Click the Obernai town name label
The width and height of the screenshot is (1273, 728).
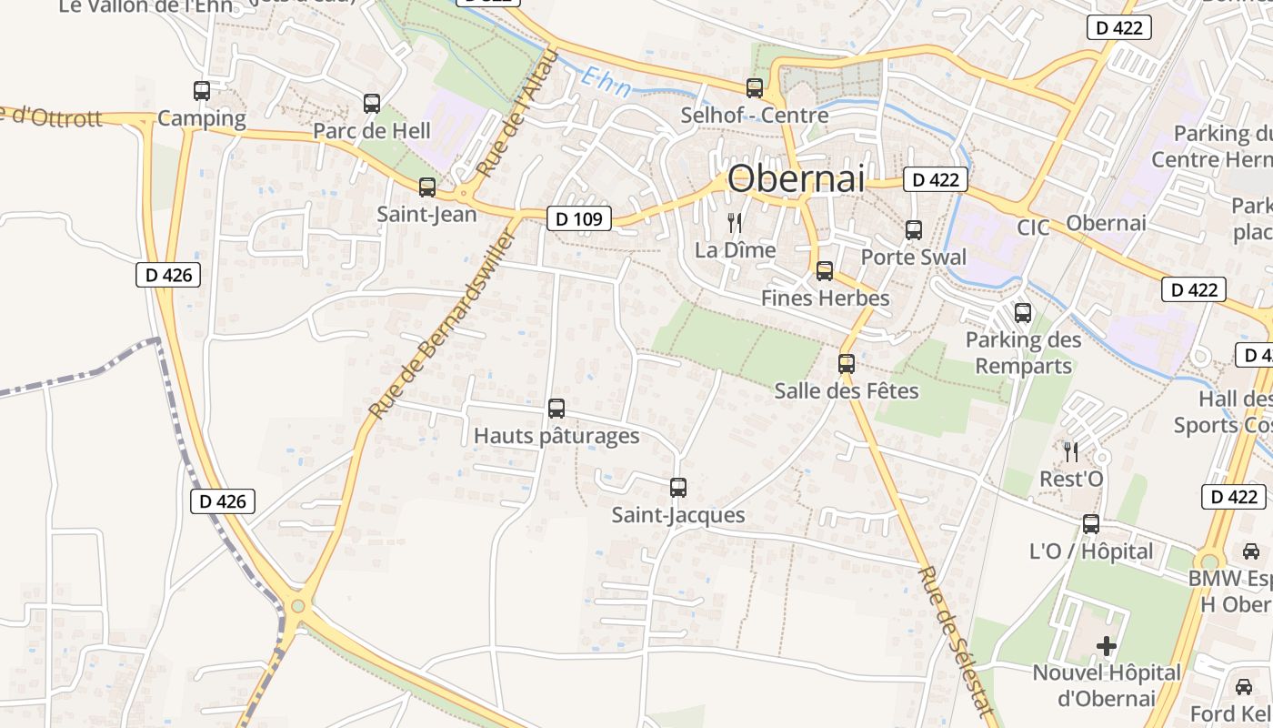(796, 178)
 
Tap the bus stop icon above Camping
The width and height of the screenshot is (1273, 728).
(202, 91)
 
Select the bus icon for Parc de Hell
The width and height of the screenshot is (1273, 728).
(371, 104)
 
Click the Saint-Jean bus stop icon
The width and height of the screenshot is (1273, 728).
(426, 187)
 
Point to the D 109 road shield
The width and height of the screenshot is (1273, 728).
(579, 218)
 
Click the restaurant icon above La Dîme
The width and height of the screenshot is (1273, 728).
(735, 222)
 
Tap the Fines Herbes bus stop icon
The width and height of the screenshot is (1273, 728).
(824, 271)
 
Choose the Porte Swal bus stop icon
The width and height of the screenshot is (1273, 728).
(914, 230)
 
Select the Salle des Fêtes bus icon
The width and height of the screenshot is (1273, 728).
(847, 364)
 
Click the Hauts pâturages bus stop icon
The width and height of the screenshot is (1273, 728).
(556, 409)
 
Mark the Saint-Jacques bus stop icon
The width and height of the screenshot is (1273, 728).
(677, 488)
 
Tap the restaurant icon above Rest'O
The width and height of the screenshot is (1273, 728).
(1071, 451)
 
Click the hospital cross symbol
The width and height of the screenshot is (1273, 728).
(1107, 646)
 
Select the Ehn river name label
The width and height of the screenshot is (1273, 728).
(604, 79)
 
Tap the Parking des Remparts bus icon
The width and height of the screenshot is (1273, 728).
(1023, 314)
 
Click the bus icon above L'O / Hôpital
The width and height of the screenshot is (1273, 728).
(1091, 524)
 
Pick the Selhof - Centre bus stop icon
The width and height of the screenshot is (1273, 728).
(755, 88)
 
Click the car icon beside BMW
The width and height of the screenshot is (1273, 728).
(1250, 551)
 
